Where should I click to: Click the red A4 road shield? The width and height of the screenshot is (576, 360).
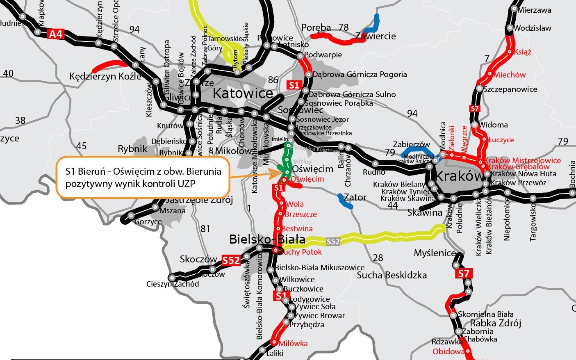click(56, 34)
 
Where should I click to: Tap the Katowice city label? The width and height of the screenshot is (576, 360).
click(243, 93)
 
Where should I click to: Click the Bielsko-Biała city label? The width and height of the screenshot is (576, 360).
click(267, 239)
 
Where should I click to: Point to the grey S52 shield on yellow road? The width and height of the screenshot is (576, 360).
click(333, 242)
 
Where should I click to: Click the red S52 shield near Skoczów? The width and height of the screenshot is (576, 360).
click(231, 260)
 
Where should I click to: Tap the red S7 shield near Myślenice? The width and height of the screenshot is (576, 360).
click(464, 273)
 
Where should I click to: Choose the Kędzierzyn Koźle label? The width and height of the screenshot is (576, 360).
click(105, 76)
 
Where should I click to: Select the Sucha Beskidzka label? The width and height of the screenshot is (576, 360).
click(392, 275)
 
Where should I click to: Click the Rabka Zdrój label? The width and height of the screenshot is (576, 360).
click(495, 323)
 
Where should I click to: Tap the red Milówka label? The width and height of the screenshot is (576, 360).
click(293, 344)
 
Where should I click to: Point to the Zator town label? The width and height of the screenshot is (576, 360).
click(355, 197)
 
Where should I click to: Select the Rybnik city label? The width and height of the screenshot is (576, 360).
click(132, 149)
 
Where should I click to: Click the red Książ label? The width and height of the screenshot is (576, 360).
click(522, 52)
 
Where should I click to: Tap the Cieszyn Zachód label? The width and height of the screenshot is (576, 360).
click(173, 284)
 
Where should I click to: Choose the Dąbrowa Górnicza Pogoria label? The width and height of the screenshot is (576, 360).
click(360, 74)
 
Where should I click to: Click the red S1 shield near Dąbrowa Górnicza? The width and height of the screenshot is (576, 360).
click(294, 85)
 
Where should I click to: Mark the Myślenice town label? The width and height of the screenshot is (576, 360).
click(435, 253)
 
